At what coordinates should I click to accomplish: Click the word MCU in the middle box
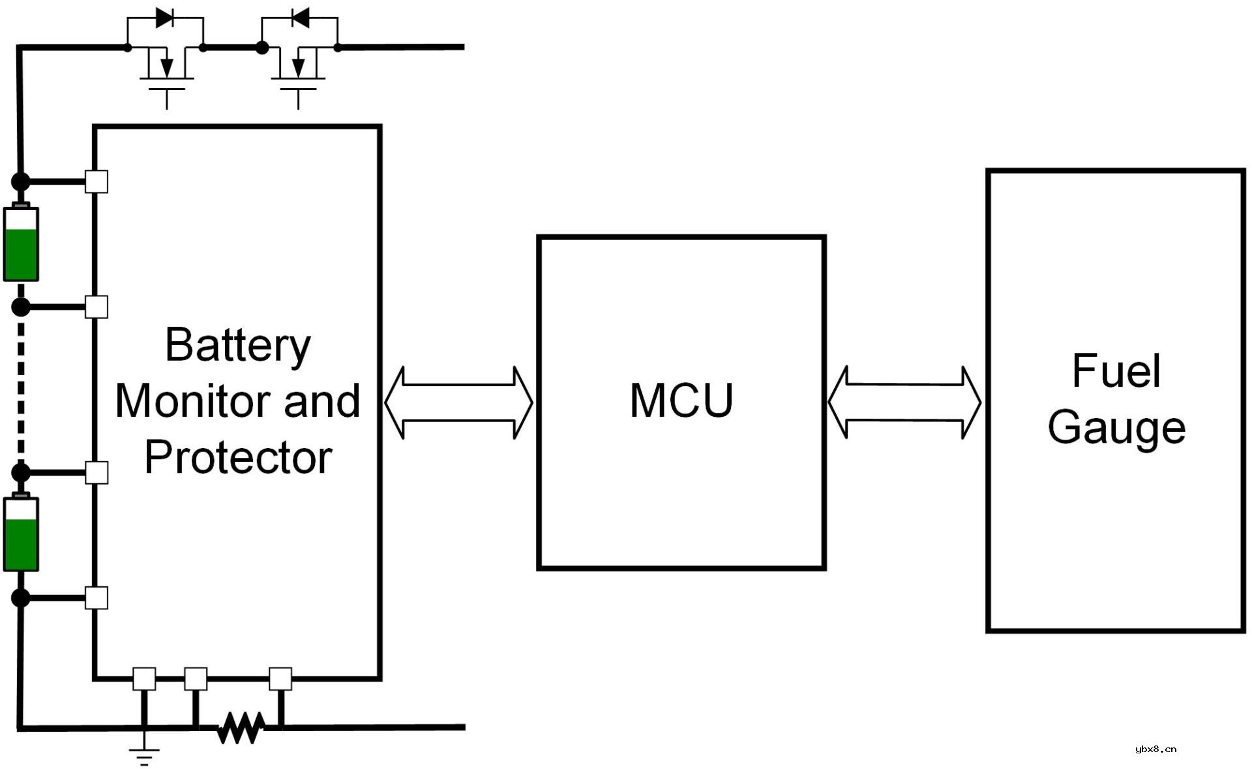click(681, 400)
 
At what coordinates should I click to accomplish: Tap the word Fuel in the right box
click(1116, 370)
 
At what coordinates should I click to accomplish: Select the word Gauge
click(1116, 428)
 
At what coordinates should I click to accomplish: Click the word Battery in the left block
click(238, 345)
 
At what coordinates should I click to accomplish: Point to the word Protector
click(238, 457)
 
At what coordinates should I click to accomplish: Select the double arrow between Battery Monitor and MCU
click(458, 402)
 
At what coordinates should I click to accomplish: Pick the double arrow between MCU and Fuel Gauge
click(904, 402)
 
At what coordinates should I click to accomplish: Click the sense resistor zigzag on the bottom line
click(241, 727)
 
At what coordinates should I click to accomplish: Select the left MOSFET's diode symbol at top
click(165, 18)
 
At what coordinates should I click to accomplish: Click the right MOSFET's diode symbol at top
click(300, 18)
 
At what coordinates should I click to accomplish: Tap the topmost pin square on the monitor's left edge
click(97, 181)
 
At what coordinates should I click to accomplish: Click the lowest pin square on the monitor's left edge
click(97, 597)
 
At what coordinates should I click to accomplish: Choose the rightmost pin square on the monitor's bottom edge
click(280, 679)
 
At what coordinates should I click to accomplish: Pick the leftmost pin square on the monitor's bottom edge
click(144, 679)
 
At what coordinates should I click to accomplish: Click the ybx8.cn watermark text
click(1155, 749)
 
